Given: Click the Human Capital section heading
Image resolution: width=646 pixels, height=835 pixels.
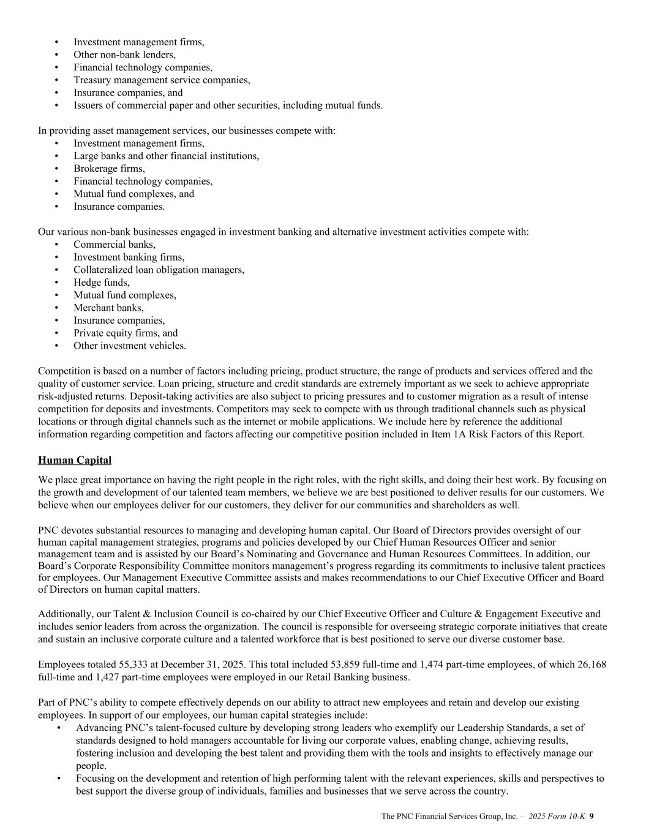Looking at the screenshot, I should [x=75, y=460].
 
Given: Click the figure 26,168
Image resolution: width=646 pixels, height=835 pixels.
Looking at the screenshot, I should [x=592, y=664].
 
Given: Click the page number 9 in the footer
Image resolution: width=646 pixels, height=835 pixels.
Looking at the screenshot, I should [x=592, y=816].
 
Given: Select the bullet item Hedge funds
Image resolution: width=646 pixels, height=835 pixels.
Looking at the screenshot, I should [x=102, y=282].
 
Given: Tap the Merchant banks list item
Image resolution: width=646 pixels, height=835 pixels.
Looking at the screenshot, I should [x=108, y=308].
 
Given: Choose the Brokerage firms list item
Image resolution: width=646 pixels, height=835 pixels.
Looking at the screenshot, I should [x=109, y=168].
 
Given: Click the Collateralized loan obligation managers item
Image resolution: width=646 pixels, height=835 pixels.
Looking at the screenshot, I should [x=159, y=270].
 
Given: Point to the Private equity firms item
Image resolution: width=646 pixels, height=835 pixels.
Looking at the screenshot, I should [x=118, y=333].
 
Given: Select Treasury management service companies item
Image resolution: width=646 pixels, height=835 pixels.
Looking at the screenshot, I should [x=162, y=80].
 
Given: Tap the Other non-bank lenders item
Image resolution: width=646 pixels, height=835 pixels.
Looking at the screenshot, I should [x=124, y=54].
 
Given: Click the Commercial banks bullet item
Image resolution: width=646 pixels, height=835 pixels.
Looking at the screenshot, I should [x=115, y=244].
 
